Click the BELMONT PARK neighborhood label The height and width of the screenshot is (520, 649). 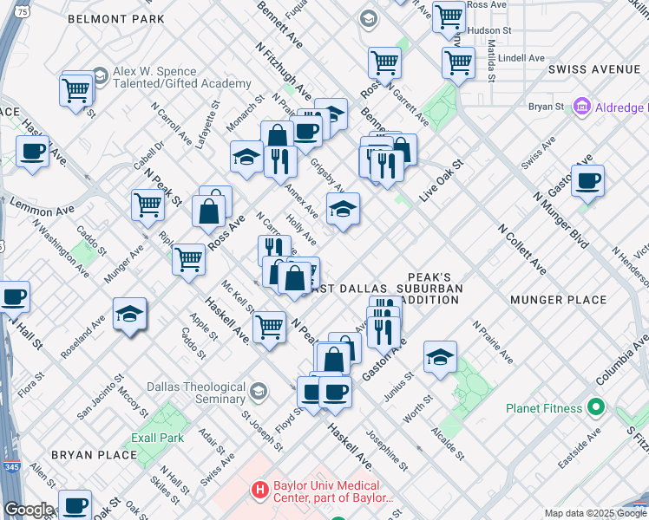point(115,18)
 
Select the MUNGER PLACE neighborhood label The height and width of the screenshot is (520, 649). point(558,300)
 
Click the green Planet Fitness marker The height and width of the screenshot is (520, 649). point(595,406)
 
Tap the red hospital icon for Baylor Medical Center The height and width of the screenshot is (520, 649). point(259,491)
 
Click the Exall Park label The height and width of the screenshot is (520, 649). point(157,438)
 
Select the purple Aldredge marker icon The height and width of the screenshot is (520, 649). point(581,107)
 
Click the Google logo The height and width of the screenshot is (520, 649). point(29,510)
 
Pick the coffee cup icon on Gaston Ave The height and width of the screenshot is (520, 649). point(587,180)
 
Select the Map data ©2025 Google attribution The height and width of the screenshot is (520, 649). point(594,513)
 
